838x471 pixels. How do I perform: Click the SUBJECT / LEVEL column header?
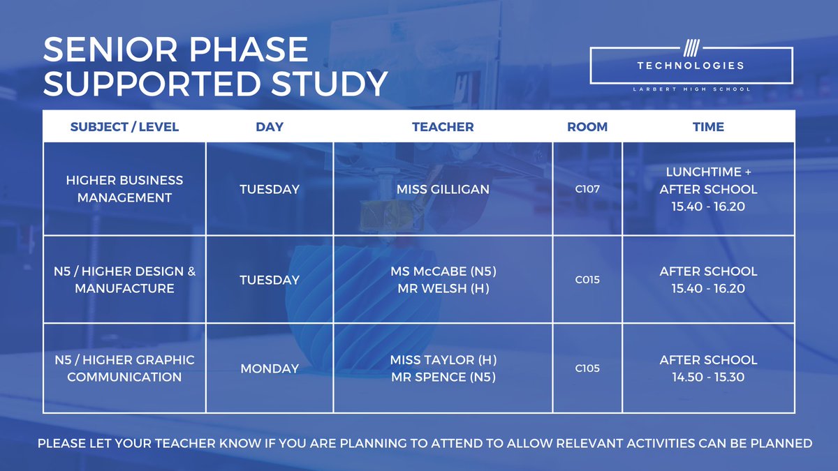(124, 127)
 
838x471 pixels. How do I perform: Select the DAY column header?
(270, 127)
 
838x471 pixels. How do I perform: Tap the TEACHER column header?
(443, 127)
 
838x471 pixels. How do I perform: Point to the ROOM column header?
(587, 127)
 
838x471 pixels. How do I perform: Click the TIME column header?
(708, 127)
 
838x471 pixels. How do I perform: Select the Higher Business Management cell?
(124, 188)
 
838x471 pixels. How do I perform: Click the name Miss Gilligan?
(443, 189)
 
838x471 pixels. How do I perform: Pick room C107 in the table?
(587, 189)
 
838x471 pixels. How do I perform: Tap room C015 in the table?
(587, 280)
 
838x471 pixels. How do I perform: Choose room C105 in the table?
(587, 368)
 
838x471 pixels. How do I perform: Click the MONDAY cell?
(270, 368)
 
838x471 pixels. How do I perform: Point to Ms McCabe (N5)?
(443, 271)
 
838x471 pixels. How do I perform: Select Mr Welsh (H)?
(443, 288)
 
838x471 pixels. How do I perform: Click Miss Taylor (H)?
(443, 360)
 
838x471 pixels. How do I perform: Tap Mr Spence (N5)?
(443, 377)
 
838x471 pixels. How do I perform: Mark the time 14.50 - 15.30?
(708, 377)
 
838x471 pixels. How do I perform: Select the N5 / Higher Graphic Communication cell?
(124, 368)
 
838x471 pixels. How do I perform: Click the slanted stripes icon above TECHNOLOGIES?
(691, 50)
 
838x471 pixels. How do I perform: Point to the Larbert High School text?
(691, 89)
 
